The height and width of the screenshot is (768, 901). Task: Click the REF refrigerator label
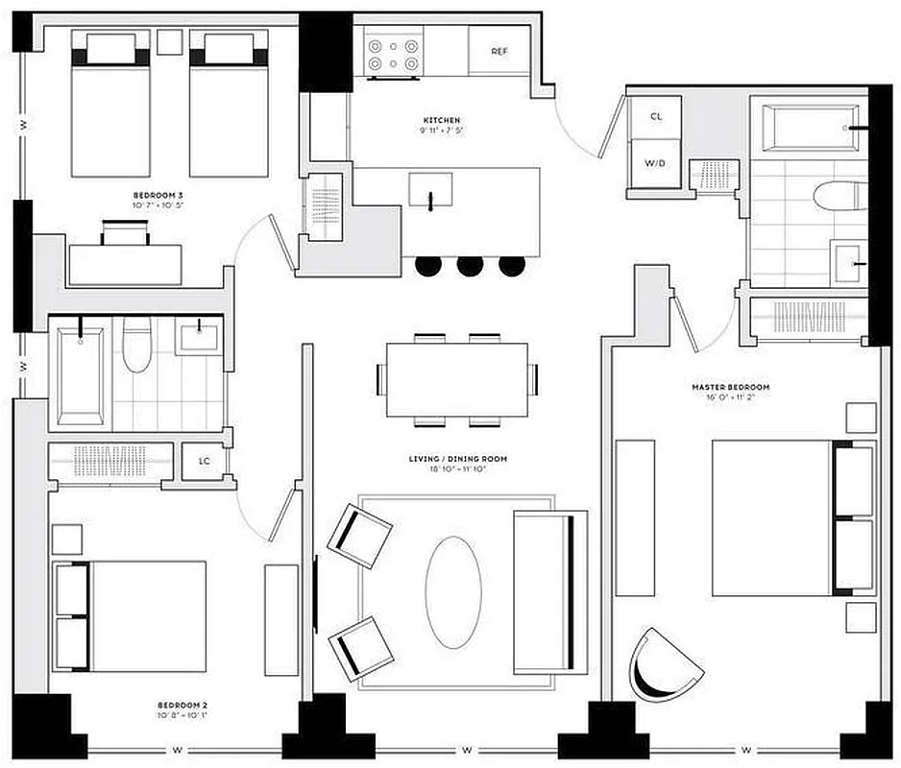[499, 51]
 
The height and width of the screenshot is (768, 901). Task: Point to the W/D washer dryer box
[654, 163]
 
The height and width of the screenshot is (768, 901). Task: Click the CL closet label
[656, 116]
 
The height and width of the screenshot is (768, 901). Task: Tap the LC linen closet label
[205, 461]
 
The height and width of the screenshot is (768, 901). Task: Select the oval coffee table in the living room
[452, 590]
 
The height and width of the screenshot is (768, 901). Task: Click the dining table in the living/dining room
[456, 379]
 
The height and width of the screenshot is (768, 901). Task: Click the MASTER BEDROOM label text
[731, 388]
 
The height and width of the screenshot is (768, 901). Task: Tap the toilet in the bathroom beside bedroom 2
[136, 344]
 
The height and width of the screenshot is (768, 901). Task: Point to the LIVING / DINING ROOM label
[457, 460]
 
